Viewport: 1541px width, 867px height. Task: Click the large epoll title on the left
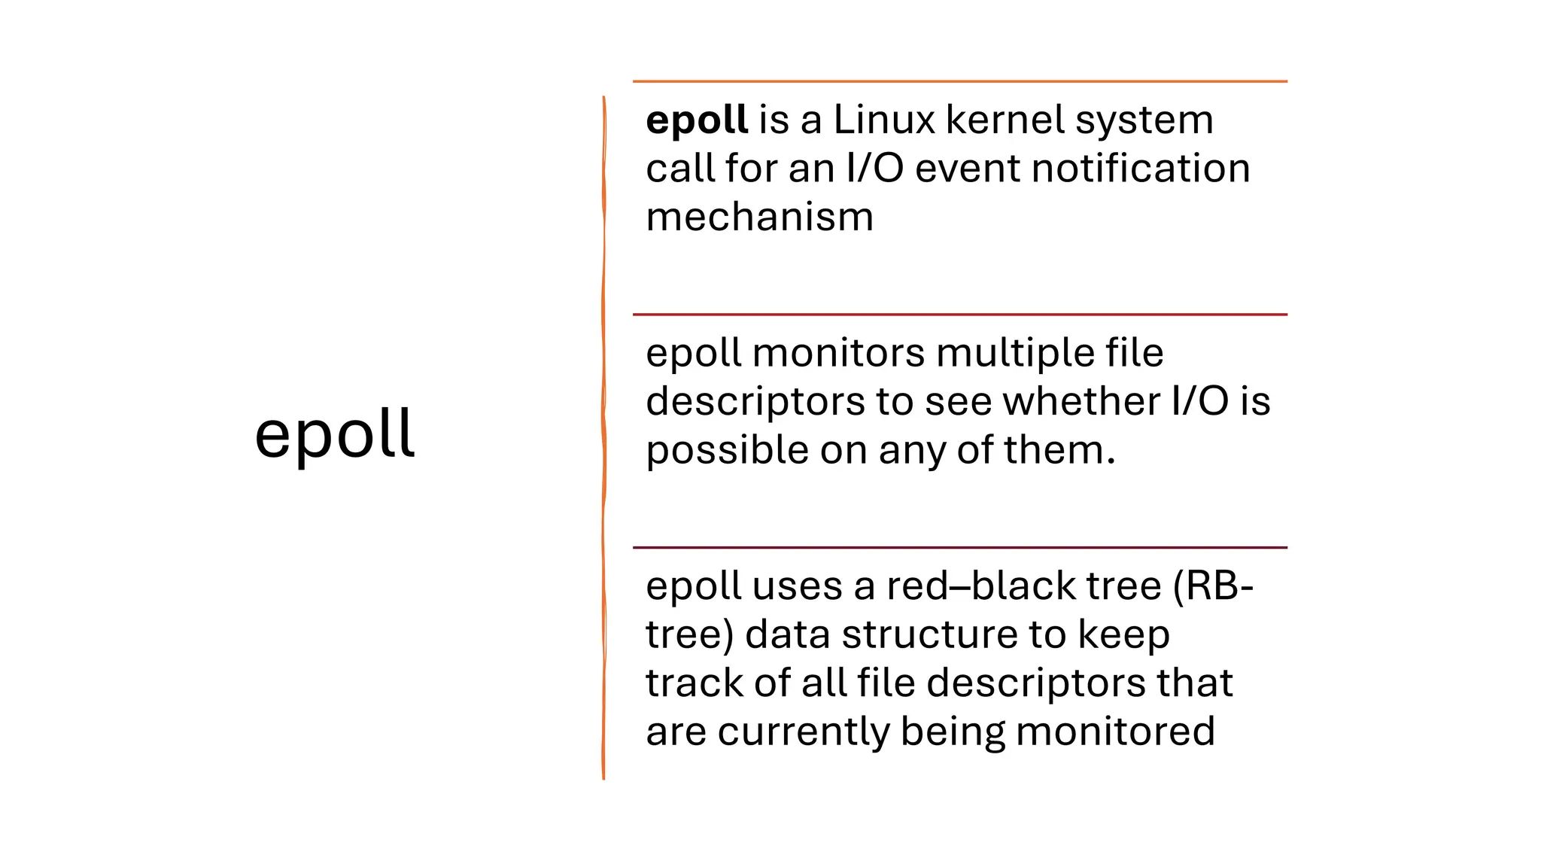(335, 435)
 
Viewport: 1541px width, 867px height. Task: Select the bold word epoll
(697, 120)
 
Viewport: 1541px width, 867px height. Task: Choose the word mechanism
(759, 218)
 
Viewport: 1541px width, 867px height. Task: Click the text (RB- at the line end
(1213, 586)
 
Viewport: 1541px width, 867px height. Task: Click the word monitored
(1115, 732)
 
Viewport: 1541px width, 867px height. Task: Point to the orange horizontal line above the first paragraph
(959, 81)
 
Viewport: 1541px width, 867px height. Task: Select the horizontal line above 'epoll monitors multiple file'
(959, 315)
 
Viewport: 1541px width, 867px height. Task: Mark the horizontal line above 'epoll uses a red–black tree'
(959, 548)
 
